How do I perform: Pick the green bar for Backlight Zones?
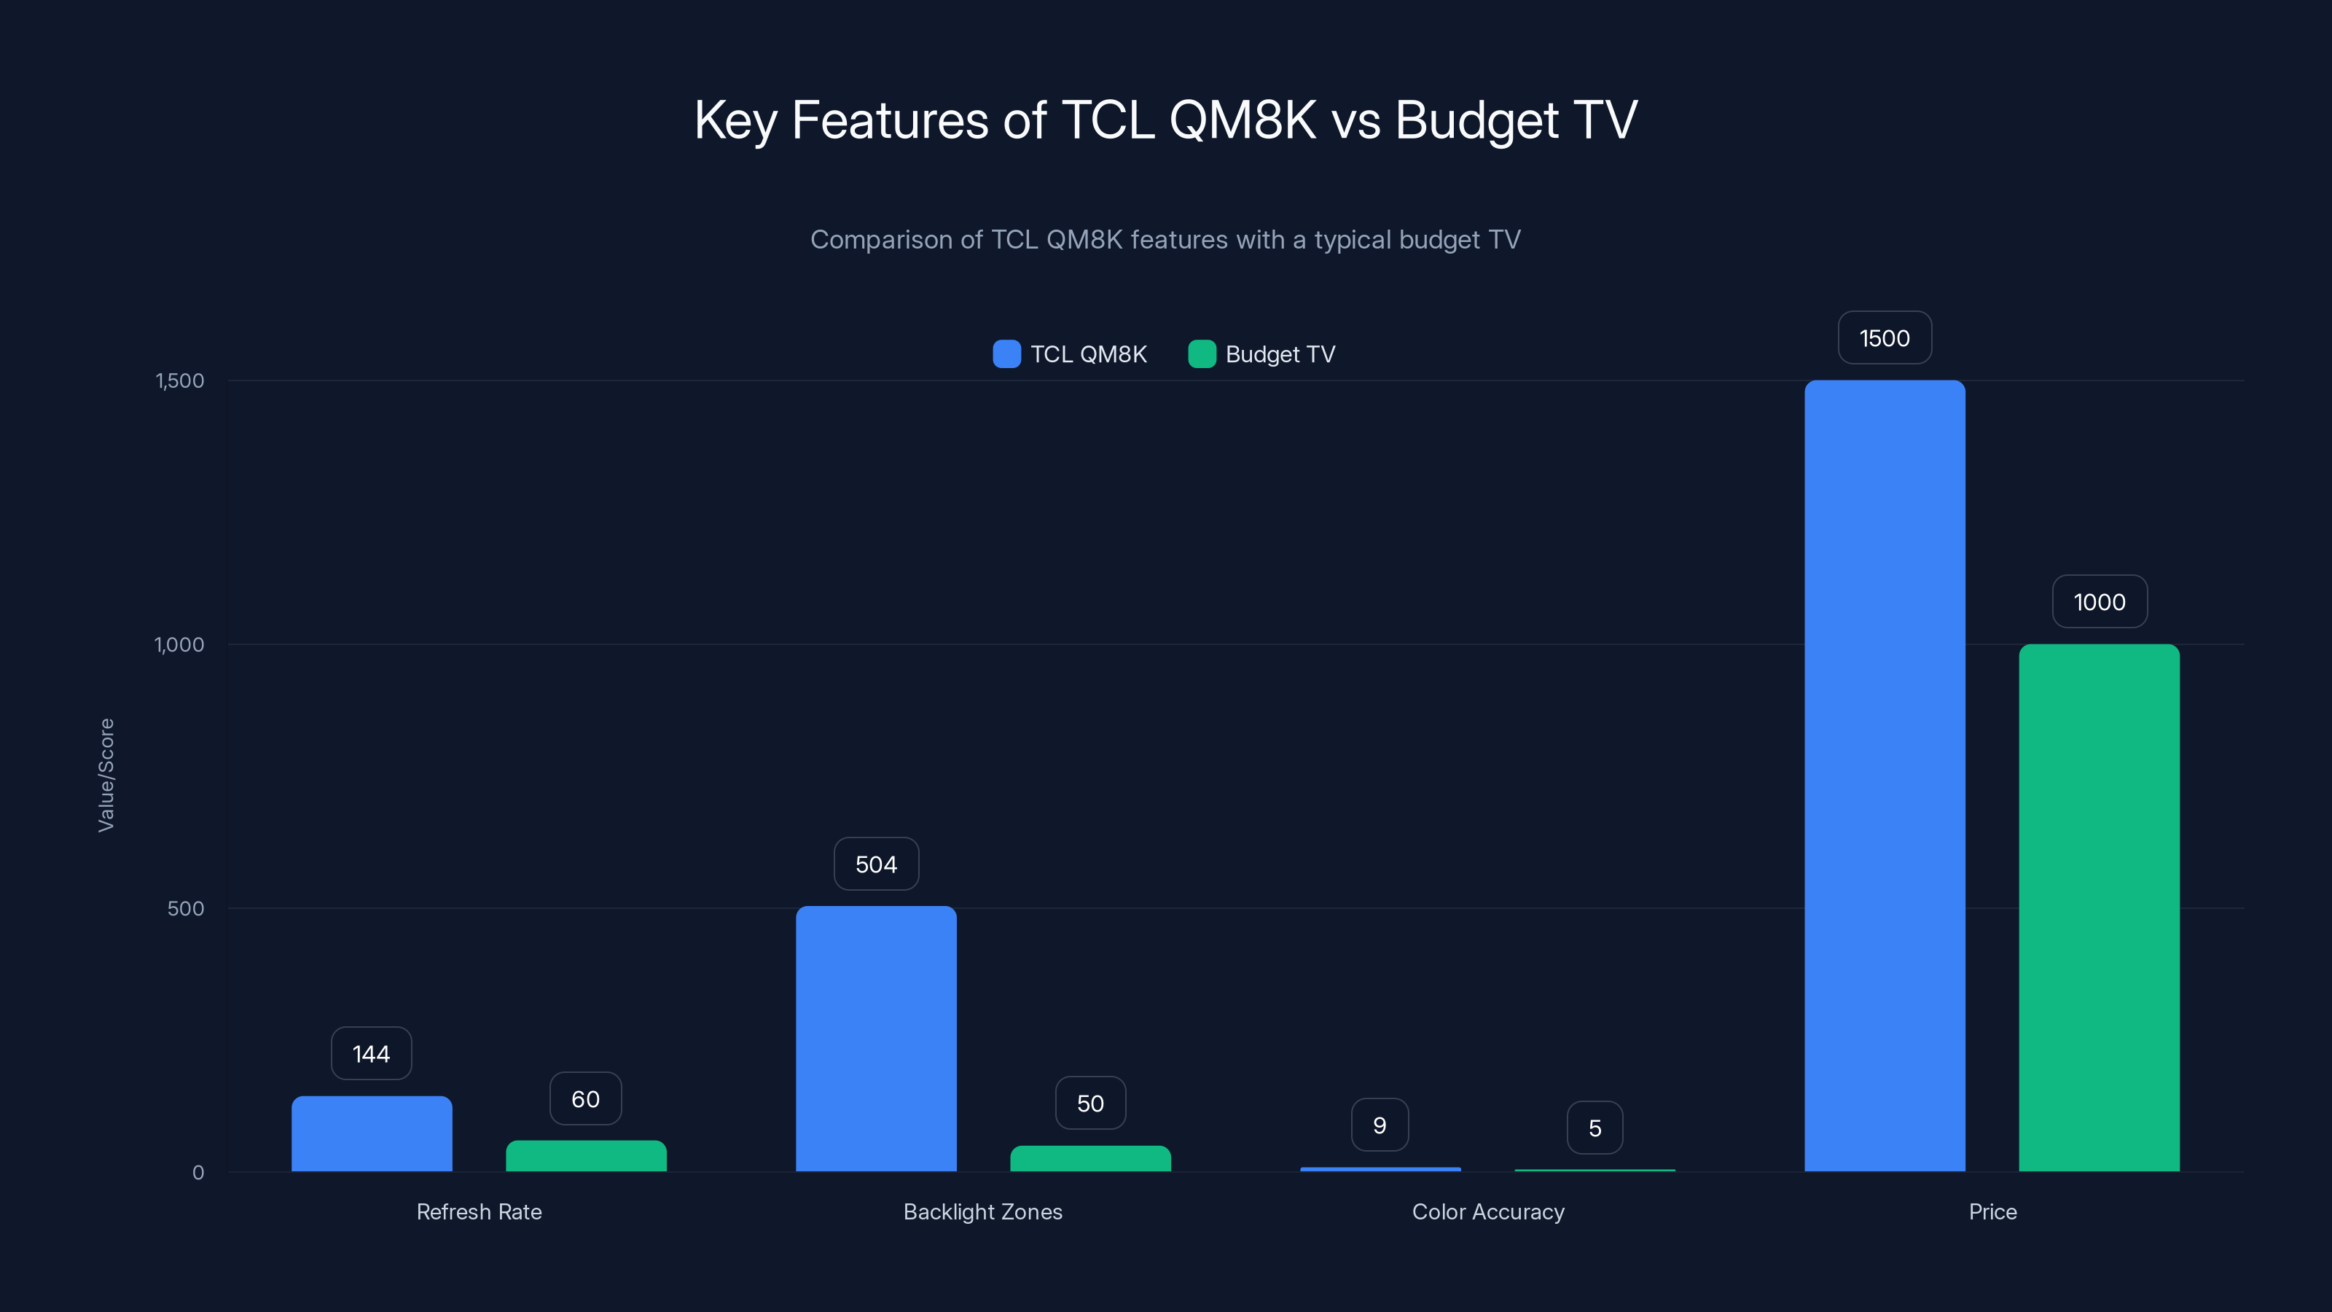[1090, 1158]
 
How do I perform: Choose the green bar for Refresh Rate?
[586, 1155]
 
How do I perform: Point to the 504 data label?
[875, 864]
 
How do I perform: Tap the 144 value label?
[371, 1053]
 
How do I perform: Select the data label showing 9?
[1379, 1125]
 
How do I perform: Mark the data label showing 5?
[1595, 1128]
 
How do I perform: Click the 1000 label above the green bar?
[2099, 601]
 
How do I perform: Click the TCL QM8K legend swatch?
[1006, 354]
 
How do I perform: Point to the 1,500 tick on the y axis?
[180, 380]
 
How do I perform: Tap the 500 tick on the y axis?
[186, 908]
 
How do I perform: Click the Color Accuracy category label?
[1487, 1211]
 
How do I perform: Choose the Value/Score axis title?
[106, 775]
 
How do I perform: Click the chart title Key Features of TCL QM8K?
[1165, 120]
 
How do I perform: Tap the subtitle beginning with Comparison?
[1165, 239]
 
